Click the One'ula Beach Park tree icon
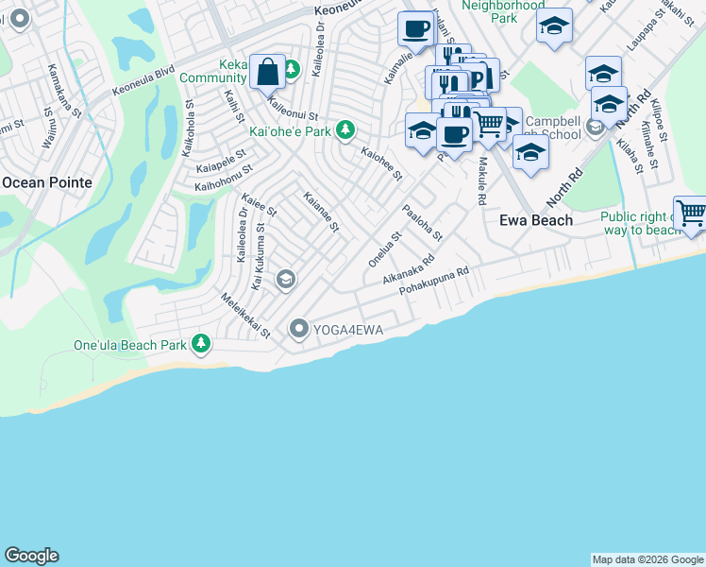pyautogui.click(x=200, y=345)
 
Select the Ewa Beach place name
pyautogui.click(x=535, y=220)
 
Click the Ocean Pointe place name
pyautogui.click(x=46, y=181)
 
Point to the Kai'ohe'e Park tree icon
pyautogui.click(x=347, y=129)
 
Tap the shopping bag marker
pyautogui.click(x=267, y=71)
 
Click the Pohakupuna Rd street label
pyautogui.click(x=434, y=281)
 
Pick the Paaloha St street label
pyautogui.click(x=422, y=224)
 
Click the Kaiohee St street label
pyautogui.click(x=382, y=162)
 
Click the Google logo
pyautogui.click(x=31, y=556)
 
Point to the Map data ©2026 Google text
pyautogui.click(x=647, y=559)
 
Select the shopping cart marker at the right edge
pyautogui.click(x=691, y=214)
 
